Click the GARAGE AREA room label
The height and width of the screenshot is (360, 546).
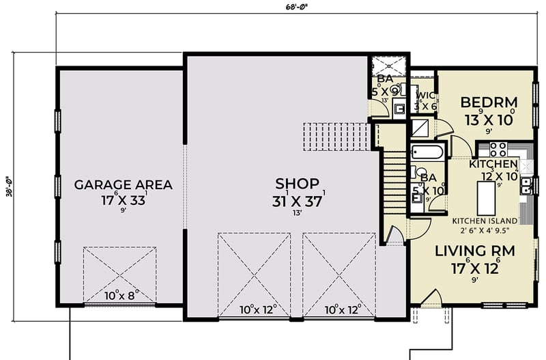pyautogui.click(x=123, y=184)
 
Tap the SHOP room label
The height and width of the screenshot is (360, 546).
pyautogui.click(x=297, y=183)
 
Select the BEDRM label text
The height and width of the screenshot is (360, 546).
pyautogui.click(x=489, y=102)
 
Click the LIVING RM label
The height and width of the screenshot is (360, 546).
pyautogui.click(x=475, y=251)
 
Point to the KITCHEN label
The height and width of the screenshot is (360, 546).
pyautogui.click(x=493, y=165)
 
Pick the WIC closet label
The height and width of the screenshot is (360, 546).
pyautogui.click(x=425, y=96)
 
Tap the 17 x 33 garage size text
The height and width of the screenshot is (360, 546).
pyautogui.click(x=123, y=202)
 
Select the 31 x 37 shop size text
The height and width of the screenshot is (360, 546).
pyautogui.click(x=297, y=201)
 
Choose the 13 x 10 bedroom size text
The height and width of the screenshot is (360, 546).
pyautogui.click(x=489, y=119)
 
